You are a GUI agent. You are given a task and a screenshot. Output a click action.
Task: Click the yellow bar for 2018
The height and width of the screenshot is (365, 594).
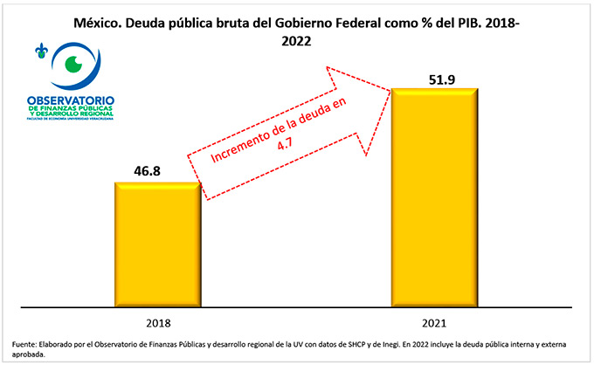click(157, 244)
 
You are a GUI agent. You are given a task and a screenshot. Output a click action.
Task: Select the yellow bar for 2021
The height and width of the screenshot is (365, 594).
click(434, 196)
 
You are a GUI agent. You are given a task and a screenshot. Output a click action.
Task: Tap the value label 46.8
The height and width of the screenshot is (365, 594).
click(157, 171)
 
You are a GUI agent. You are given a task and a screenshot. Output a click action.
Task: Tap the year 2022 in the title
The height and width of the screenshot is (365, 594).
click(296, 40)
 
